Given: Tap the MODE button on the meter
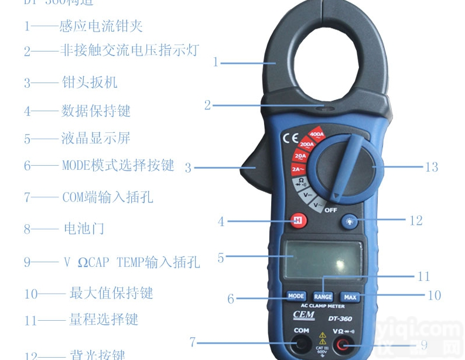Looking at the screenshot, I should (x=296, y=296).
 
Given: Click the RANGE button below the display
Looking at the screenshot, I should (x=323, y=297).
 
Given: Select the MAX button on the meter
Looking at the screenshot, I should (x=350, y=297).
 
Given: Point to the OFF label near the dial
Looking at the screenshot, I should (x=331, y=209).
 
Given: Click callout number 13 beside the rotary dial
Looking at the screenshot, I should (x=432, y=167).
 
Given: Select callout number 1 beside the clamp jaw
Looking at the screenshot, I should (x=216, y=61).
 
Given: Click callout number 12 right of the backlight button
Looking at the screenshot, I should (x=416, y=221).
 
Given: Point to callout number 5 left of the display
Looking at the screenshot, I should (x=221, y=257).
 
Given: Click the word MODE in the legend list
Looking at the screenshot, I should (x=76, y=166).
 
